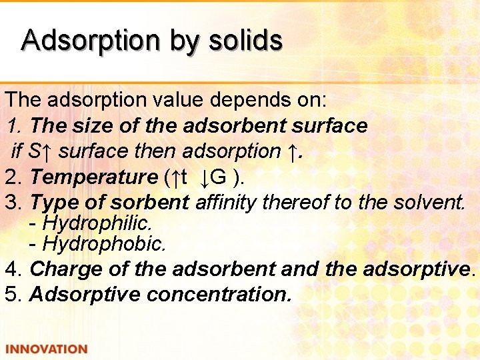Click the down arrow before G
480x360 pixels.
point(205,177)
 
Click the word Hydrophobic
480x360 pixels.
point(103,244)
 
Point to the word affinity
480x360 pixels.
point(226,202)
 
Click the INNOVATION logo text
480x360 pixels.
point(46,349)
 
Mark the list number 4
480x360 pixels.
point(10,269)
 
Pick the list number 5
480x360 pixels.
point(10,294)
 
